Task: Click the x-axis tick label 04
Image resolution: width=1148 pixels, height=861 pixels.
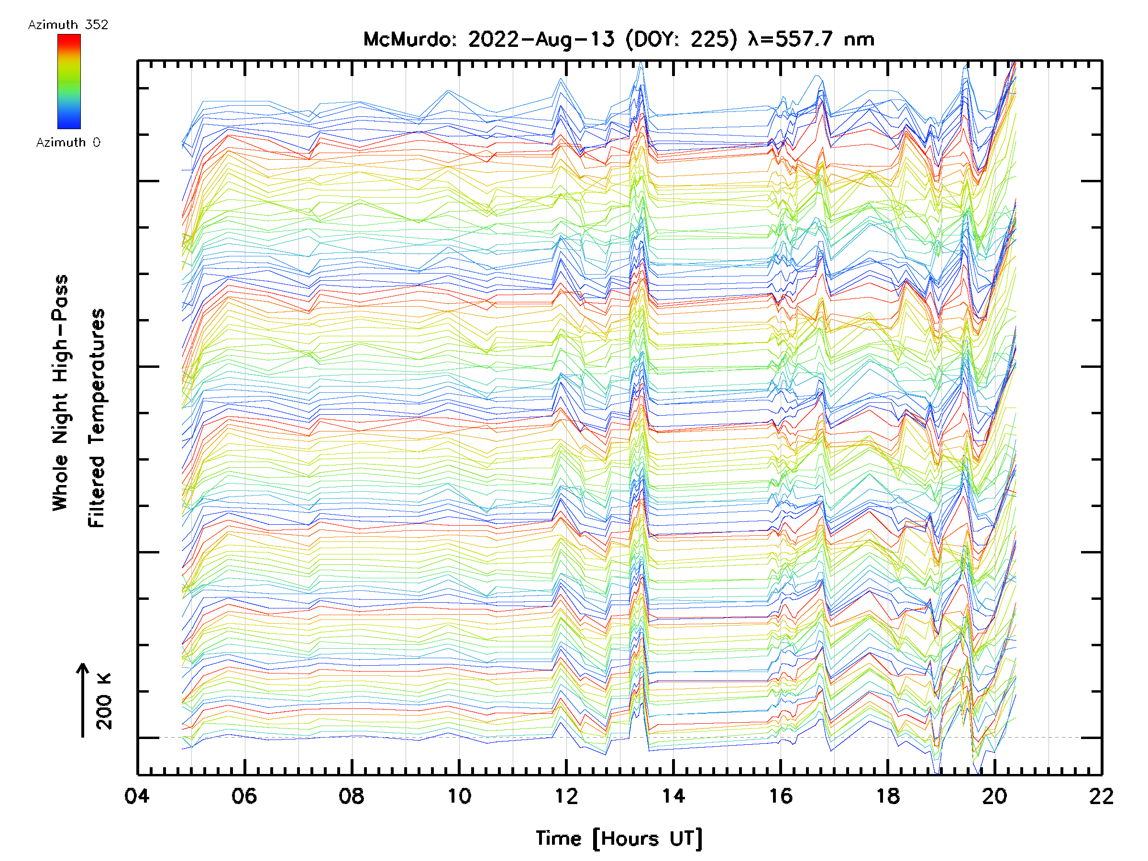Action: pyautogui.click(x=137, y=795)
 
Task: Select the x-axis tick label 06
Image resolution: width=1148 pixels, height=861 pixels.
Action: pyautogui.click(x=244, y=795)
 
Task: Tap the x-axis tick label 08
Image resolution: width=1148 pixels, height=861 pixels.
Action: pyautogui.click(x=352, y=795)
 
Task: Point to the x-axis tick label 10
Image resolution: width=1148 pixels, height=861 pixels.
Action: pyautogui.click(x=459, y=795)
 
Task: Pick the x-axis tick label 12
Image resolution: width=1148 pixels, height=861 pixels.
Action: pyautogui.click(x=566, y=795)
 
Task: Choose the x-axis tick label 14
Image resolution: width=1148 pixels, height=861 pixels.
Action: pyautogui.click(x=673, y=795)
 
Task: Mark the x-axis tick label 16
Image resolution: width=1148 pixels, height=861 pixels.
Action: pyautogui.click(x=781, y=795)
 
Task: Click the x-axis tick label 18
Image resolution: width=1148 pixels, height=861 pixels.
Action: pyautogui.click(x=888, y=795)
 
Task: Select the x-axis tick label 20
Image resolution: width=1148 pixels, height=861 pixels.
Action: pyautogui.click(x=995, y=795)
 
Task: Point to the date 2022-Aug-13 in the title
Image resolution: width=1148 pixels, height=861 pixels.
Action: pyautogui.click(x=541, y=39)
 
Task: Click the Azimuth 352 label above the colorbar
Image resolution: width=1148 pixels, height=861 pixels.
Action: pyautogui.click(x=68, y=25)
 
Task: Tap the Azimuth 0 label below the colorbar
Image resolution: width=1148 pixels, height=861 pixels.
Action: pyautogui.click(x=68, y=142)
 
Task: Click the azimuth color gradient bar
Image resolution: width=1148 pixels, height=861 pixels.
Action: pyautogui.click(x=69, y=81)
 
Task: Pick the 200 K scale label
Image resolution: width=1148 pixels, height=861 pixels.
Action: pyautogui.click(x=104, y=701)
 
